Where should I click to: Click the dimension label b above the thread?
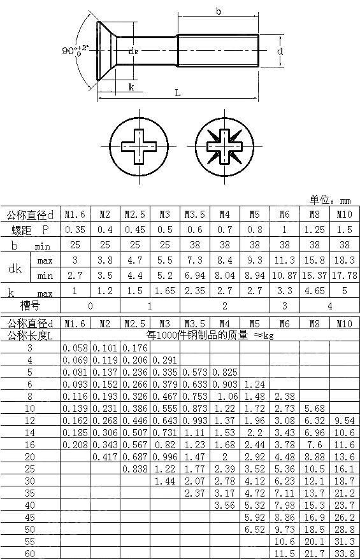(x=218, y=11)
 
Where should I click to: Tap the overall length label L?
(x=177, y=92)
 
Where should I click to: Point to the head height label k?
(x=131, y=87)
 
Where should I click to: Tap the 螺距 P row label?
(x=30, y=230)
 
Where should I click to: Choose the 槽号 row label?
(x=30, y=306)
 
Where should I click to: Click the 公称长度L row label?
(x=30, y=336)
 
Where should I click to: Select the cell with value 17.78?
(x=345, y=275)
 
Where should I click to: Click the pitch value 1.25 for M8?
(x=315, y=230)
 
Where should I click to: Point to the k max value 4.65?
(x=315, y=291)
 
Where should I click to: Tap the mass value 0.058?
(x=75, y=348)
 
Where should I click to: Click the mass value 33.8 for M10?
(x=345, y=553)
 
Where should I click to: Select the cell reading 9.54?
(x=345, y=420)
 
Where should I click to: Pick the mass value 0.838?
(x=135, y=469)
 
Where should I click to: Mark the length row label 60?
(x=30, y=553)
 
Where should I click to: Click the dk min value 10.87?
(x=284, y=275)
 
